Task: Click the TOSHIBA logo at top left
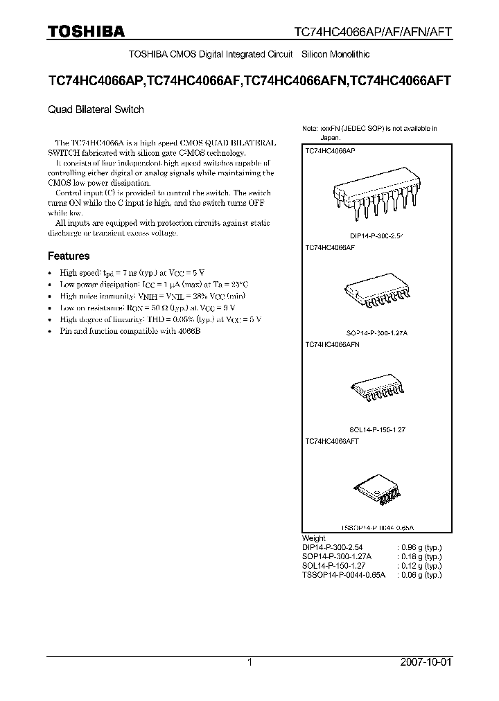pyautogui.click(x=87, y=31)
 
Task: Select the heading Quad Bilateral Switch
pyautogui.click(x=96, y=109)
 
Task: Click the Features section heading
pyautogui.click(x=69, y=256)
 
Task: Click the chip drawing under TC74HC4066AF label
pyautogui.click(x=378, y=296)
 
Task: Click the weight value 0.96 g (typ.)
pyautogui.click(x=419, y=547)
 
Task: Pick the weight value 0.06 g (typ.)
pyautogui.click(x=419, y=574)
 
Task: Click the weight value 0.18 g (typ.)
pyautogui.click(x=419, y=556)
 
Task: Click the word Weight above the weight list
pyautogui.click(x=313, y=538)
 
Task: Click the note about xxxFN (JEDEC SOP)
pyautogui.click(x=369, y=132)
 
